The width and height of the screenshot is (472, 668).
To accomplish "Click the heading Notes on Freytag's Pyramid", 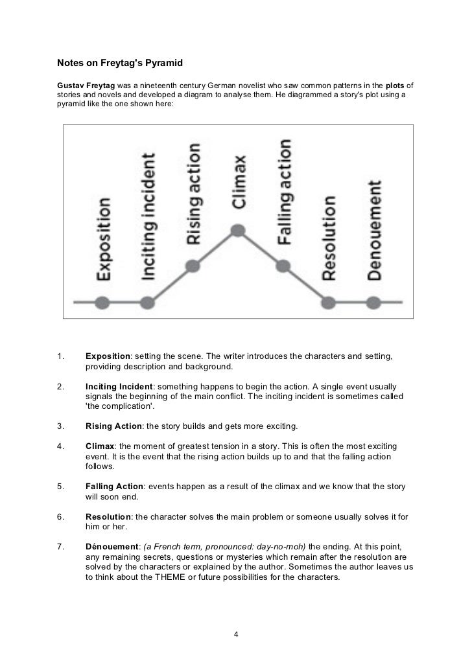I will (x=120, y=63).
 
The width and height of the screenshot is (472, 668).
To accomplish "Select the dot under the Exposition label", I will (x=102, y=302).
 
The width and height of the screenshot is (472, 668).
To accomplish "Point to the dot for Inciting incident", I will (x=148, y=302).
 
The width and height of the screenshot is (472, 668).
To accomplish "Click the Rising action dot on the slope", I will (x=193, y=266).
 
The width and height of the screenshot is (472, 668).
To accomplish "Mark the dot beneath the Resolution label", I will (x=329, y=302).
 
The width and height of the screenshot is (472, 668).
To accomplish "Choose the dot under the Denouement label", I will (x=373, y=302).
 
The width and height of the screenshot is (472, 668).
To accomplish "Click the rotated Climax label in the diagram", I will (x=239, y=181).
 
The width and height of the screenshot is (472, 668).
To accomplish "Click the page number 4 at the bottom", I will (x=236, y=633).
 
